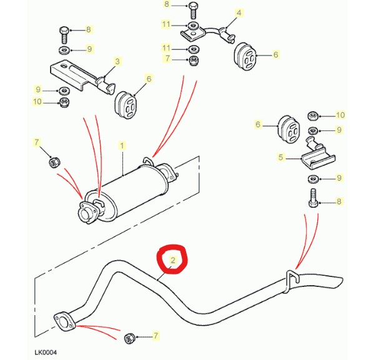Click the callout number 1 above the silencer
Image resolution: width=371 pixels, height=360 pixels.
click(x=122, y=145)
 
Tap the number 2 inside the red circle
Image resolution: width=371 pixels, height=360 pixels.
click(x=173, y=260)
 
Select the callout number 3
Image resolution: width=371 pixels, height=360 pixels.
click(x=117, y=62)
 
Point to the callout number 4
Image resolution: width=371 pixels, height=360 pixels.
click(x=239, y=12)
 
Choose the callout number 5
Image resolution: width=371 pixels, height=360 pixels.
click(x=280, y=157)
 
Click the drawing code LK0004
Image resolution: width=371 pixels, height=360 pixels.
click(x=46, y=353)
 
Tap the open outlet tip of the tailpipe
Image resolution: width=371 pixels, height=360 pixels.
click(x=339, y=282)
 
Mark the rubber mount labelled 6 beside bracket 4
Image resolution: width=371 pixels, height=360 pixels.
click(x=245, y=56)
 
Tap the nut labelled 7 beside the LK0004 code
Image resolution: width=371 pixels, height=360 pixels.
click(x=129, y=338)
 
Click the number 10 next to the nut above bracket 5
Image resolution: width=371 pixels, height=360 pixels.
click(x=340, y=115)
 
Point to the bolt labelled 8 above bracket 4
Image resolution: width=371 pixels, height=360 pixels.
click(x=193, y=11)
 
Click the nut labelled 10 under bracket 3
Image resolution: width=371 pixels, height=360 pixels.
click(x=64, y=102)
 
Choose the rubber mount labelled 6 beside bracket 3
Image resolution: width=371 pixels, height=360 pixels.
click(x=126, y=105)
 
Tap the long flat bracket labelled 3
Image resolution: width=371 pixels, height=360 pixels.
click(x=82, y=76)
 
